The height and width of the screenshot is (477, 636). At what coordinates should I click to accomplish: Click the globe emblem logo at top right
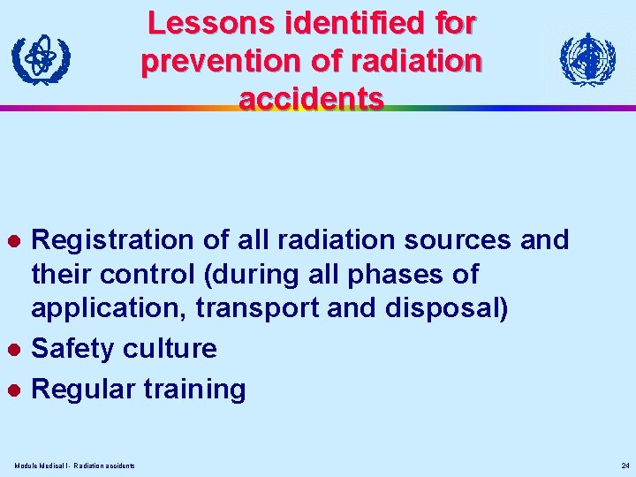587,60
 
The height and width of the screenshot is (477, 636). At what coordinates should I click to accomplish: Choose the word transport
285,311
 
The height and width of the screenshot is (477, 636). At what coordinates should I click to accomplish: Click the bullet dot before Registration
13,240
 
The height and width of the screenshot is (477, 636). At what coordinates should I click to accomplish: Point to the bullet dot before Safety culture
13,349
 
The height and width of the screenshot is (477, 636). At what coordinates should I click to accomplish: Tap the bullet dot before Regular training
13,390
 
